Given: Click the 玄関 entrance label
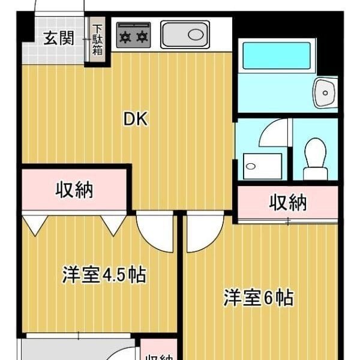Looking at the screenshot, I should [x=59, y=39].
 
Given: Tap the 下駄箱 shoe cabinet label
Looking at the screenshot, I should [x=97, y=40].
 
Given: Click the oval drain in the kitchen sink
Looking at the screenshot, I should [x=196, y=34].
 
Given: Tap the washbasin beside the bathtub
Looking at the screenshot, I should [x=325, y=92].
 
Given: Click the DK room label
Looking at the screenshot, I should [x=136, y=119].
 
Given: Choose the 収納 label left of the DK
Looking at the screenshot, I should [x=75, y=190].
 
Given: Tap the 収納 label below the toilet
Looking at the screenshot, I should [x=287, y=203].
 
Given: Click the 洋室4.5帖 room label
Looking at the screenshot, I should [x=104, y=275].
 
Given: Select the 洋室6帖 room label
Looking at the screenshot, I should [x=259, y=297].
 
